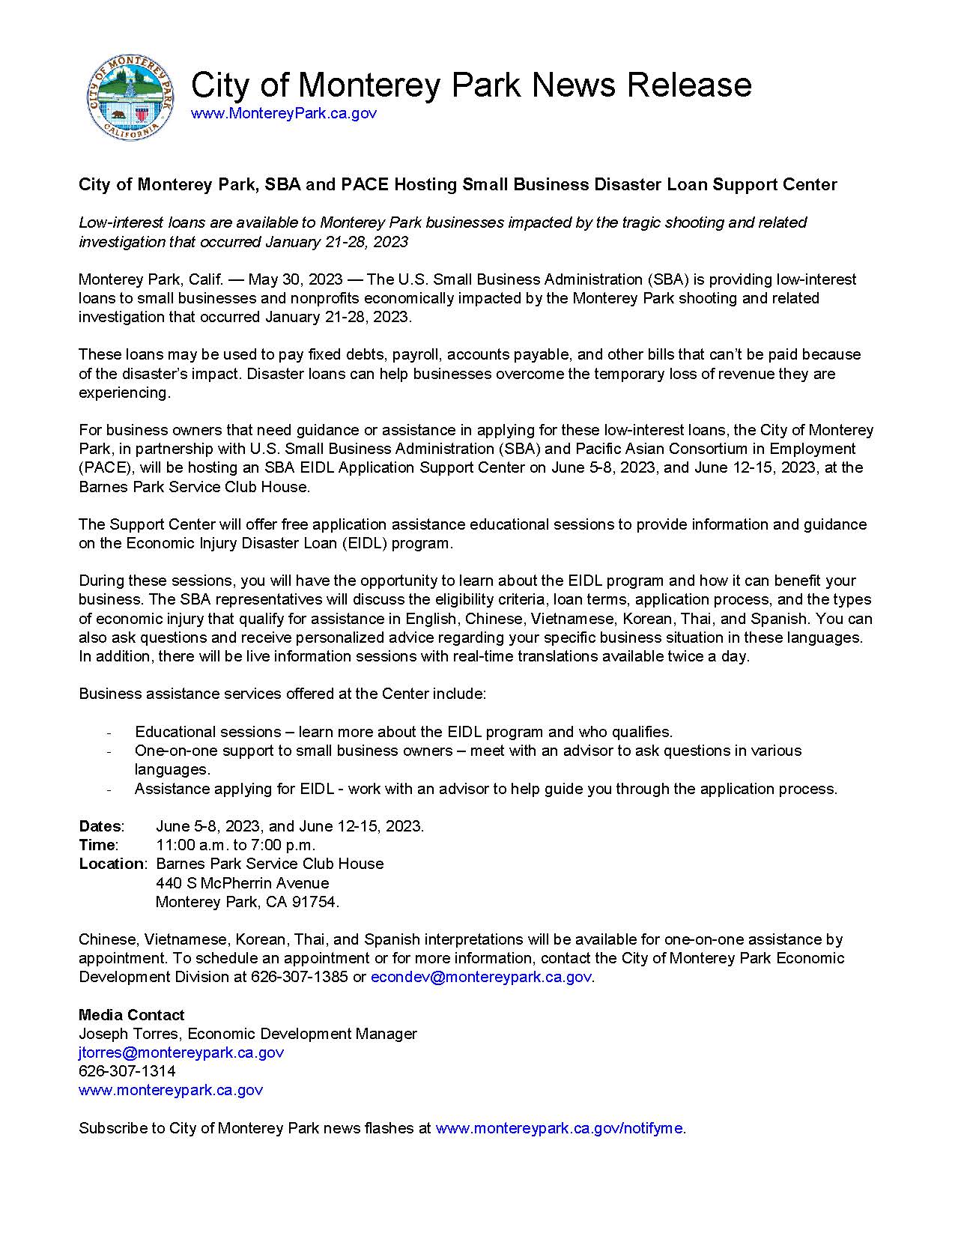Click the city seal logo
tap(132, 97)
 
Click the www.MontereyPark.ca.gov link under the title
tap(284, 113)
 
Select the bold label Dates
tap(100, 826)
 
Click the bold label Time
tap(97, 845)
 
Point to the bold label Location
tap(112, 864)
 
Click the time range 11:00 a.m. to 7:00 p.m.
tap(235, 845)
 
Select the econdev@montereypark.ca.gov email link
tap(481, 977)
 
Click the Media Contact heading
tap(131, 1015)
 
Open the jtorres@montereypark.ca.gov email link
tap(181, 1052)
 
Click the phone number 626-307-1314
tap(127, 1071)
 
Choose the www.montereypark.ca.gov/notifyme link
tap(559, 1128)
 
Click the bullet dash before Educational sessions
tap(109, 732)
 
